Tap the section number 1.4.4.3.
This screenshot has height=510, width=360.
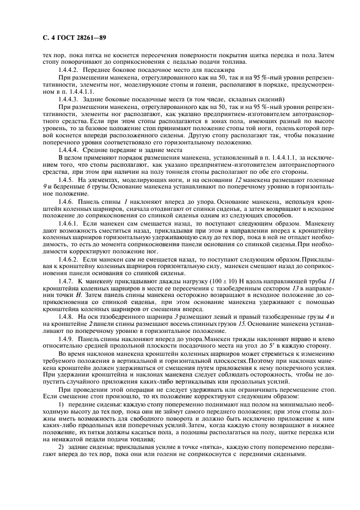pos(68,100)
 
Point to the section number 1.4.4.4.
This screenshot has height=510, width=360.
pos(68,150)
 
